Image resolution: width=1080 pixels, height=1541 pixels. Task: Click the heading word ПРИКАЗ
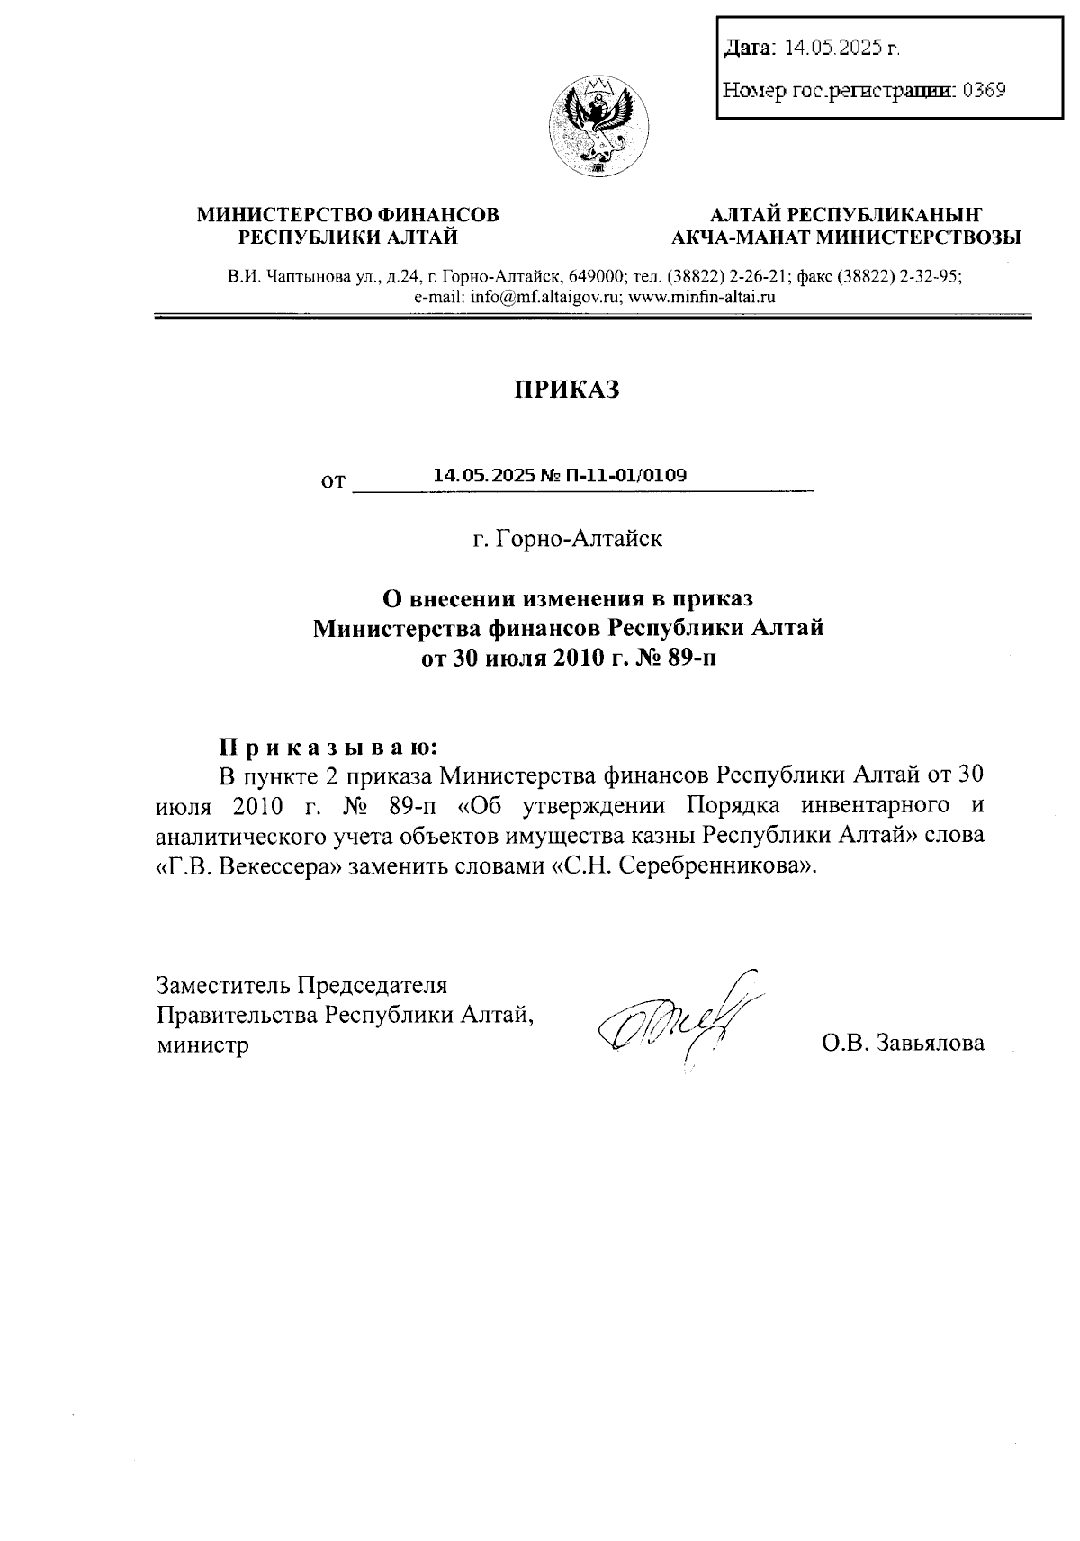567,390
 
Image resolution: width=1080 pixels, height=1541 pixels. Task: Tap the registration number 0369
984,90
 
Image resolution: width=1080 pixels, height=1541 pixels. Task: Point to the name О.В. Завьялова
903,1043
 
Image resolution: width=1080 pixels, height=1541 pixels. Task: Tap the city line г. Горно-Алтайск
568,539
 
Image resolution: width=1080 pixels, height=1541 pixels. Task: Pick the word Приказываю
329,747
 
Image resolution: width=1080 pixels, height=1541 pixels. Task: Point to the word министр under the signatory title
202,1044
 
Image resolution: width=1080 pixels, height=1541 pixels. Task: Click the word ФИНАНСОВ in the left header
438,215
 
